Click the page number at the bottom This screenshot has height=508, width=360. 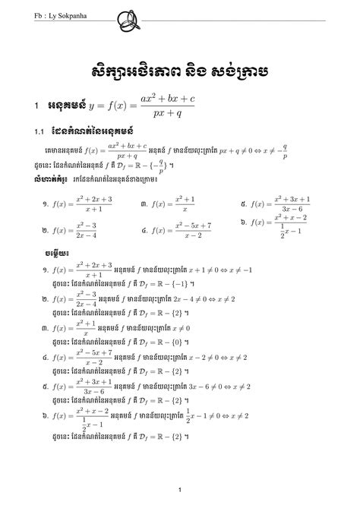tap(179, 489)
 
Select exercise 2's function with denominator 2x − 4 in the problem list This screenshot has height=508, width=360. tap(83, 229)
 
